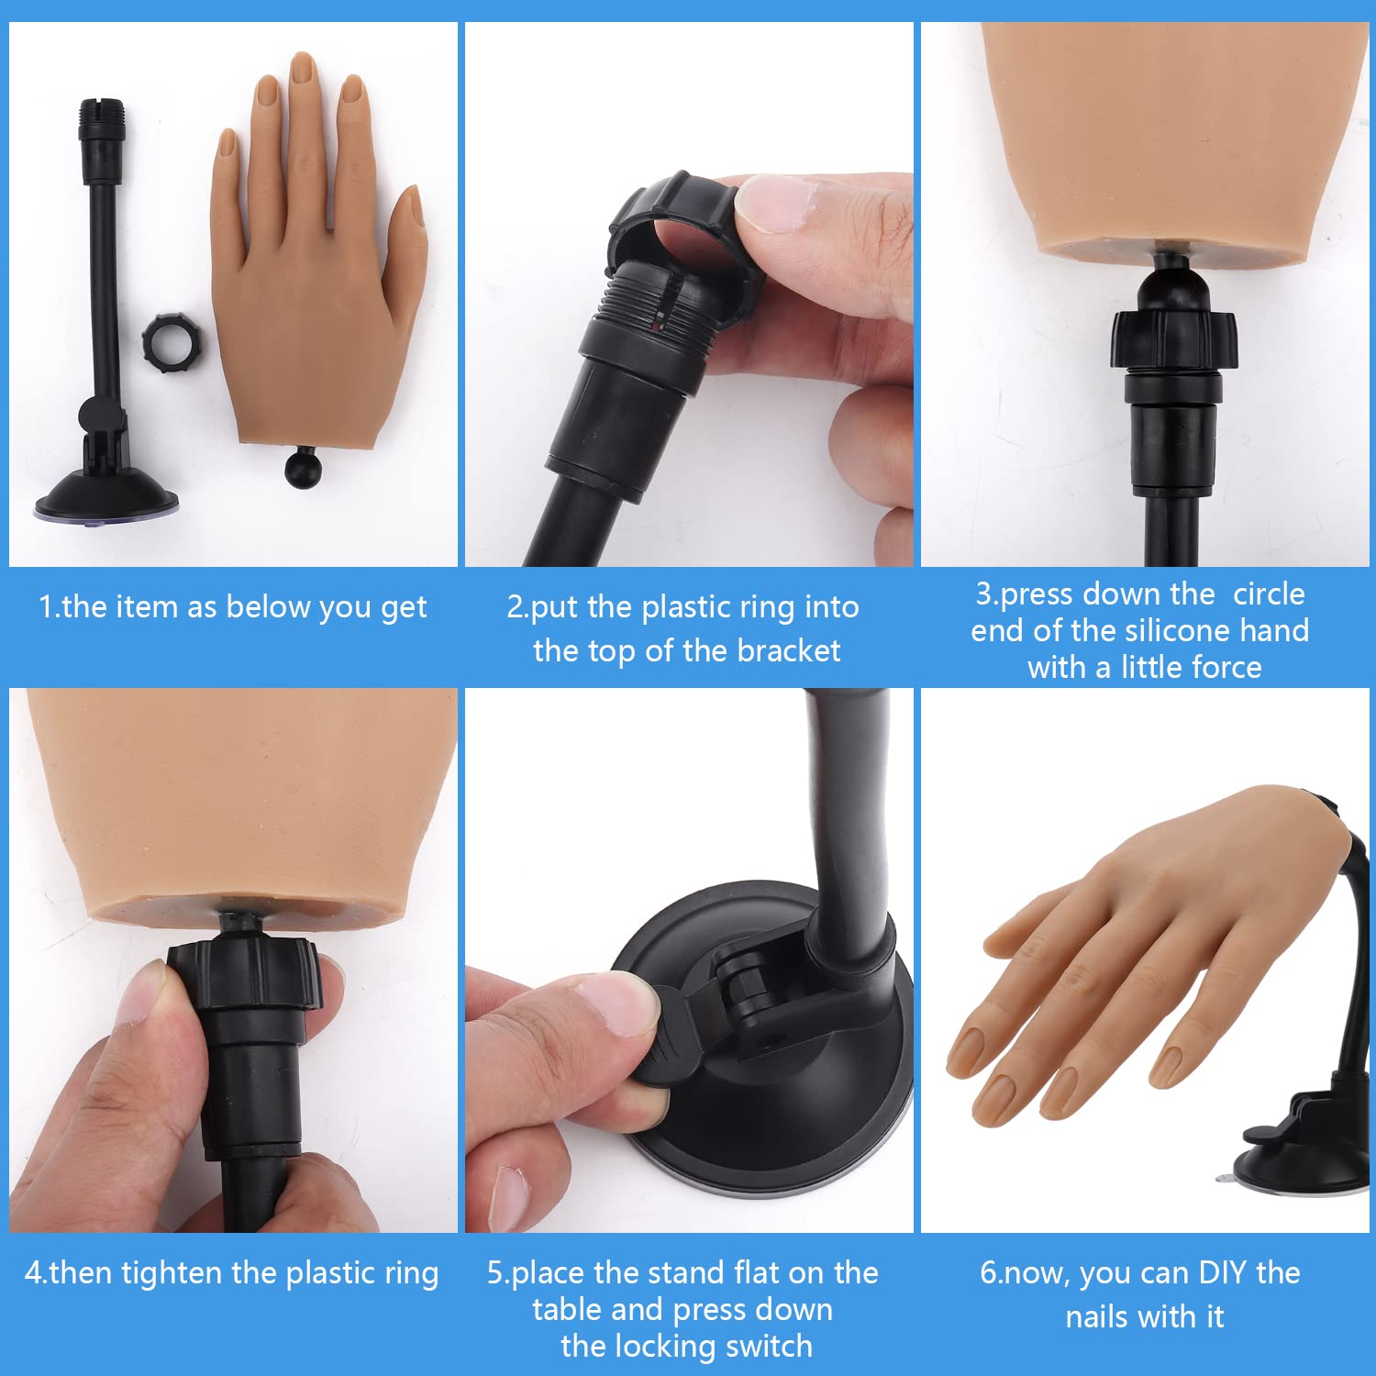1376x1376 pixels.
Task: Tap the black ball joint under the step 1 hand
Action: (303, 468)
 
